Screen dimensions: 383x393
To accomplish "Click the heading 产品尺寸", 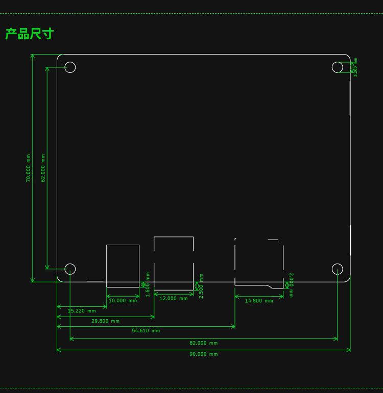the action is [30, 34].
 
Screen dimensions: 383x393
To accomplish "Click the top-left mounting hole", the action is [70, 67].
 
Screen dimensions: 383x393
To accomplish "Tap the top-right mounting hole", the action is [337, 67].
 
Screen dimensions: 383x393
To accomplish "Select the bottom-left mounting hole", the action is [70, 269].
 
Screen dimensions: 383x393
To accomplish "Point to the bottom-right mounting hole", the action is [337, 269].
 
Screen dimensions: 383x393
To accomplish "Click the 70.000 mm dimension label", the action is [29, 168].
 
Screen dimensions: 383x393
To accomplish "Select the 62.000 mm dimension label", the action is [43, 168].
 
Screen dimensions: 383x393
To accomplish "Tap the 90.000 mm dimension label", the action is [204, 354].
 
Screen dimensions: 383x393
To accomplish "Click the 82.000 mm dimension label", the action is [204, 343].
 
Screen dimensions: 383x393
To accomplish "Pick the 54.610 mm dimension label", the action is [146, 331].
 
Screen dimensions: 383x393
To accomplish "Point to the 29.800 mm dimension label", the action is [106, 321].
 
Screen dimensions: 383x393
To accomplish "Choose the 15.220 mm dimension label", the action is [82, 311].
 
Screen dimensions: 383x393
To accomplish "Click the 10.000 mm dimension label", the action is [123, 301].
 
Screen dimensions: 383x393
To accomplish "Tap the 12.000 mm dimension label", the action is [174, 299].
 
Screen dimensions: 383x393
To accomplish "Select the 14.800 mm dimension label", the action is [259, 301].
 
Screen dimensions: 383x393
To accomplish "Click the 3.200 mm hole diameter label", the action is [355, 67].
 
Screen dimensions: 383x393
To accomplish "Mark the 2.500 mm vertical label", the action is [201, 286].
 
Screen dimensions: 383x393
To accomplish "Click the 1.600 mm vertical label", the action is [148, 284].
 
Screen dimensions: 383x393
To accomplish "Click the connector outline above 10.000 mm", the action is [123, 266].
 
